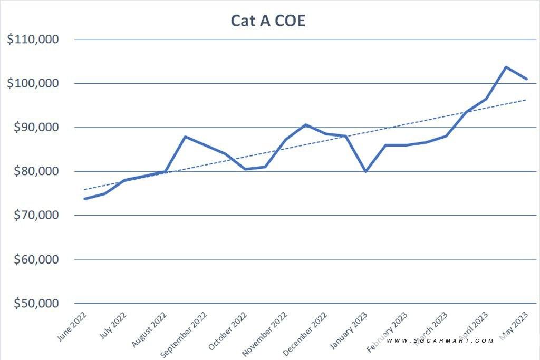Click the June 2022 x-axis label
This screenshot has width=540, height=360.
[x=73, y=326]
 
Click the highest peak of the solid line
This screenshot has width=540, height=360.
[x=506, y=67]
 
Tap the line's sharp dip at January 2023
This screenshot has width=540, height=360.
[x=365, y=171]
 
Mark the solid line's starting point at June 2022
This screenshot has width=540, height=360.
[x=84, y=199]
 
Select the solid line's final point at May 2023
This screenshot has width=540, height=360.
[x=527, y=79]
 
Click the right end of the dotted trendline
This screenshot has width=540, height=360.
[x=526, y=99]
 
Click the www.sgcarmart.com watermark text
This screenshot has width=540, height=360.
[x=440, y=341]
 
